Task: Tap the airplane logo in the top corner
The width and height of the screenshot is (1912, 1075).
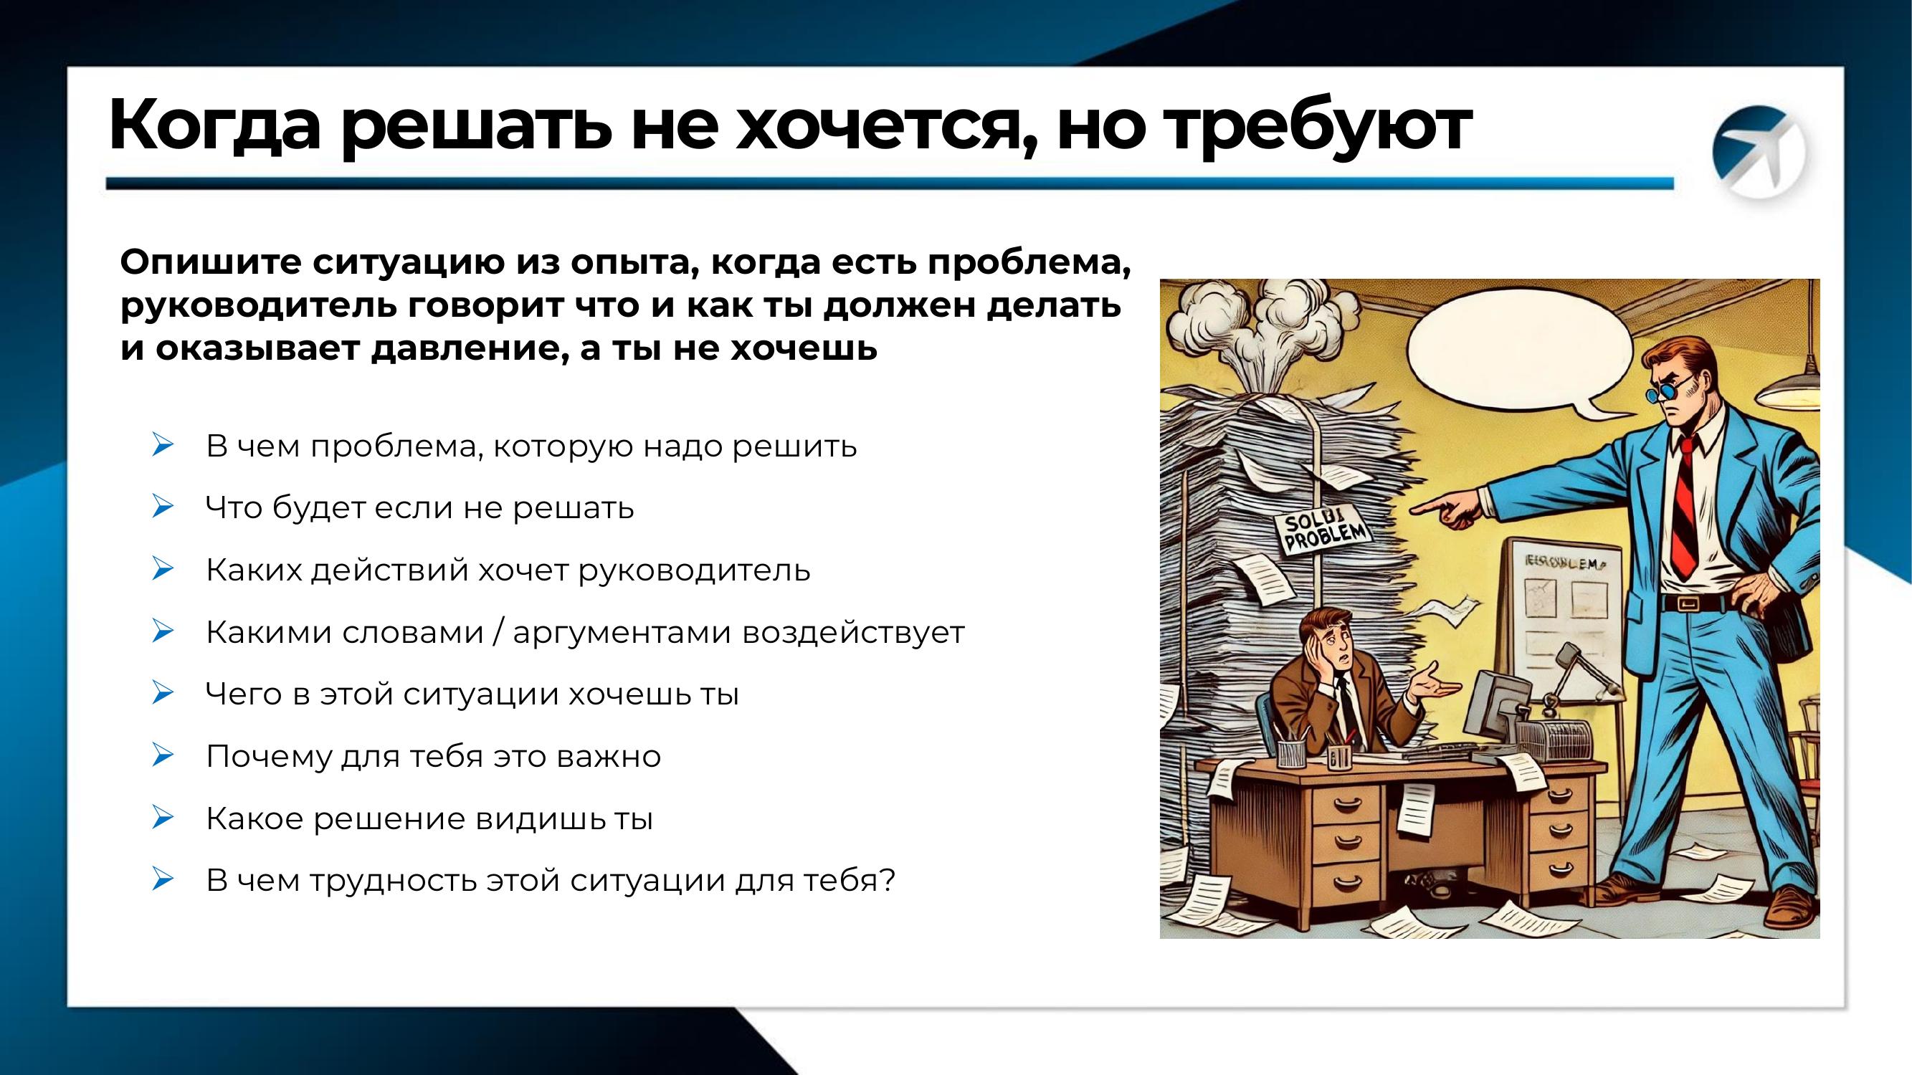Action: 1758,153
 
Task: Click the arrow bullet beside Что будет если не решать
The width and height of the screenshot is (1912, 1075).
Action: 162,507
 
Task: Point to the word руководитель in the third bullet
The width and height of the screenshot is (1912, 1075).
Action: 694,570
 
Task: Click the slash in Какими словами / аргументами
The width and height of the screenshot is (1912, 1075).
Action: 498,633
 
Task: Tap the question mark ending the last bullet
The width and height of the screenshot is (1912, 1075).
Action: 888,881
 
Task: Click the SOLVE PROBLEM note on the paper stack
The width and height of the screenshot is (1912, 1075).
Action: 1323,531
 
